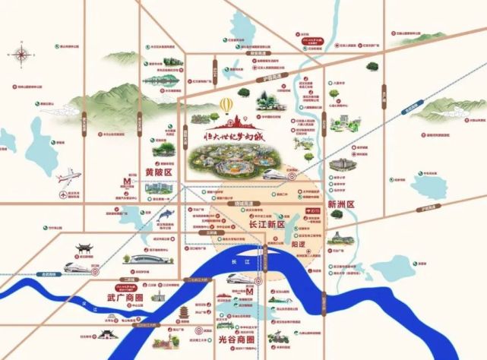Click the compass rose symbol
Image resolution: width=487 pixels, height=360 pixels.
tap(20, 55)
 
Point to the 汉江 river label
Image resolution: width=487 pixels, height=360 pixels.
tap(84, 305)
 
